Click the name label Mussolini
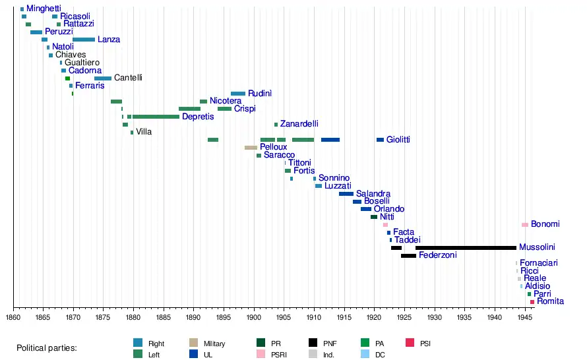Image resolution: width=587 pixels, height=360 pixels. [x=537, y=248]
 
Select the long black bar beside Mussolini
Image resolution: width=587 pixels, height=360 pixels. [x=466, y=248]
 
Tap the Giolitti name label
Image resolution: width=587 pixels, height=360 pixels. [x=398, y=140]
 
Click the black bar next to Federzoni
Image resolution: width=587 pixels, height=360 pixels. [x=408, y=255]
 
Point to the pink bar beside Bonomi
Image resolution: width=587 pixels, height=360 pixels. [x=525, y=225]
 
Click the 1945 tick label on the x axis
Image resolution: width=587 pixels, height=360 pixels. [x=524, y=318]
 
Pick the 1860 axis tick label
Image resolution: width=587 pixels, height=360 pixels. [x=13, y=318]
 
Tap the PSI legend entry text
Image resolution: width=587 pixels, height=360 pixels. [x=425, y=344]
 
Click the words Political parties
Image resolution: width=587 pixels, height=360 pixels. [x=47, y=348]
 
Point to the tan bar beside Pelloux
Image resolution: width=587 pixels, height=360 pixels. [x=251, y=148]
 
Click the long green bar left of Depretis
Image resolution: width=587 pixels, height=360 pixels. [x=156, y=117]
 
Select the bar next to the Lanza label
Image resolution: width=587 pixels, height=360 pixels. [x=84, y=40]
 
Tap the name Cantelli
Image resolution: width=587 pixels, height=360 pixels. [x=128, y=78]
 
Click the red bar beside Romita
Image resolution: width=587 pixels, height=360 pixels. [x=532, y=302]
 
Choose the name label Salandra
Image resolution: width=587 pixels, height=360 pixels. [x=373, y=194]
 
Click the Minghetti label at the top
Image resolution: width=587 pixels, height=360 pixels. [x=44, y=9]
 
